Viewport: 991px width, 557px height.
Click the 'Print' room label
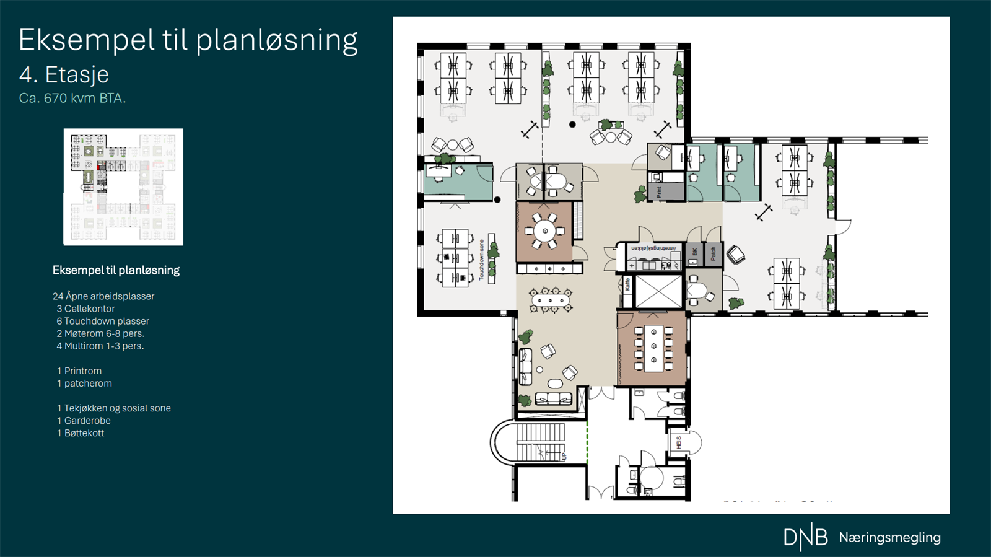[659, 193]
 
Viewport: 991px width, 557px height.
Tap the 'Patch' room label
[713, 253]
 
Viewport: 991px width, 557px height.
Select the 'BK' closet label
[695, 252]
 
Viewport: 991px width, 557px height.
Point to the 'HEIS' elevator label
[679, 442]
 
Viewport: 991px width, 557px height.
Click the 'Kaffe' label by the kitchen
[627, 284]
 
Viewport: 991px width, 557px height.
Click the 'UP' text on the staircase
[564, 457]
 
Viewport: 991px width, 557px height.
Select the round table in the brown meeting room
[545, 231]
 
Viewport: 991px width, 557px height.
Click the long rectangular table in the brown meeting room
[653, 349]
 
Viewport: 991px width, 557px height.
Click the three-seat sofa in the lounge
[553, 398]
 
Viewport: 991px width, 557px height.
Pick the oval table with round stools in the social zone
[550, 300]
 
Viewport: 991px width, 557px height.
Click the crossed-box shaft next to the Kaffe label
[658, 291]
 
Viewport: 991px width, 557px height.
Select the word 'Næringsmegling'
[889, 537]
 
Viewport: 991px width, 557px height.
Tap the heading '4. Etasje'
[64, 74]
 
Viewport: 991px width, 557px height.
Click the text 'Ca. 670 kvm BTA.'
[72, 98]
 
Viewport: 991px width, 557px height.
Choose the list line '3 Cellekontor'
[85, 309]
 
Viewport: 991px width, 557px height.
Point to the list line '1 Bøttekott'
[81, 433]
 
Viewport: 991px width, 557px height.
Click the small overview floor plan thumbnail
[123, 186]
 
